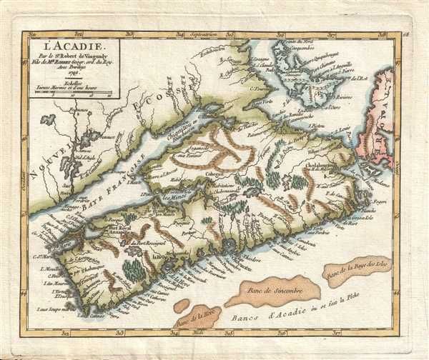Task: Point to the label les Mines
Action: tap(174, 199)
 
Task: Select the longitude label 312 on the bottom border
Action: tap(65, 331)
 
